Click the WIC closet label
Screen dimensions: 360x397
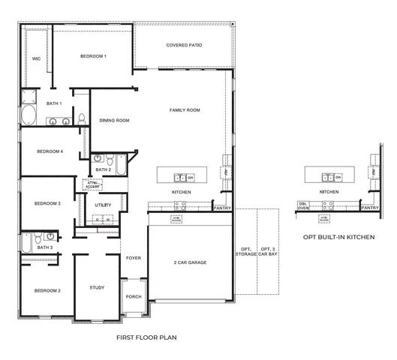pos(35,58)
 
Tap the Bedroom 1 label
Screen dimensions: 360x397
pos(94,56)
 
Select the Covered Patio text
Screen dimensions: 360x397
pos(184,45)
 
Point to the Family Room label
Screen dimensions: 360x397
pos(184,110)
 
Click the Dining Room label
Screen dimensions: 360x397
pos(115,120)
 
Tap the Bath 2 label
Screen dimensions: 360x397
pos(104,169)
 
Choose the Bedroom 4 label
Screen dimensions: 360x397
pos(50,151)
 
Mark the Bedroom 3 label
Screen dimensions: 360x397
pos(47,203)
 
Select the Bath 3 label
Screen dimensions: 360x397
pos(45,247)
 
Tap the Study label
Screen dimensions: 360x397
pos(96,287)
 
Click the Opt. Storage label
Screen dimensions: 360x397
pos(245,252)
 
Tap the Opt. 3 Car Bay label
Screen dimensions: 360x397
pos(269,252)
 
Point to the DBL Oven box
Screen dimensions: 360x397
pos(303,205)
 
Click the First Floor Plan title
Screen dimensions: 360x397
pos(147,338)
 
